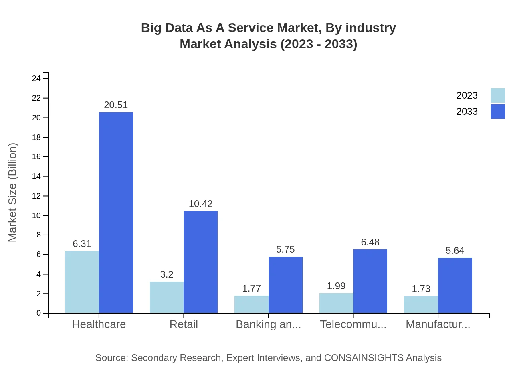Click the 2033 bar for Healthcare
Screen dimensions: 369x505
[x=116, y=213]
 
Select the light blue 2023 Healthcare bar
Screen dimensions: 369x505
[x=82, y=282]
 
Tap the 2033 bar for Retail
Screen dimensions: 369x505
[x=200, y=262]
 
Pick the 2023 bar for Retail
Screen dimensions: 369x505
[x=167, y=297]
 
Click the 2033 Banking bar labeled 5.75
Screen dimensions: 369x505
[x=285, y=285]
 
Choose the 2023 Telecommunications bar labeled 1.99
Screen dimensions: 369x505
[x=336, y=303]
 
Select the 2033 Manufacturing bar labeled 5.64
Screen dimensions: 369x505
[x=455, y=285]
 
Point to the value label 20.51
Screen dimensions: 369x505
[x=116, y=105]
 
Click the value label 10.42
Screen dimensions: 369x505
[x=200, y=204]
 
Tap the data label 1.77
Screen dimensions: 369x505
[x=251, y=288]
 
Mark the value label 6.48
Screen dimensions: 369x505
[x=370, y=242]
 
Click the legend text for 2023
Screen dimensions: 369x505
[x=467, y=95]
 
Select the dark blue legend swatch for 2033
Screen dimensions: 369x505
[x=497, y=112]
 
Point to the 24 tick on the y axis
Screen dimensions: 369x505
[x=36, y=79]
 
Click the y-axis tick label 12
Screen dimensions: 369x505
[x=36, y=196]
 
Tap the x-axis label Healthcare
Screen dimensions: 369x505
[x=99, y=324]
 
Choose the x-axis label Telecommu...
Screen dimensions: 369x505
[x=353, y=324]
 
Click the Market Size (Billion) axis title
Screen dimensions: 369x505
[x=13, y=193]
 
